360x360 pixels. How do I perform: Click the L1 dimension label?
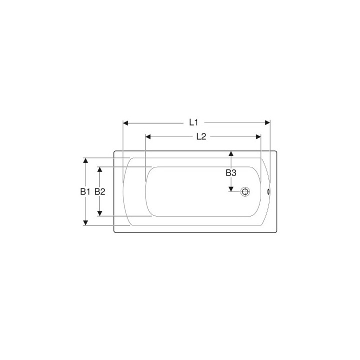coord(193,122)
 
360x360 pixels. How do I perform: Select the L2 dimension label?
coord(201,137)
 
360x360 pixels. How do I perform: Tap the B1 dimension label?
coord(85,191)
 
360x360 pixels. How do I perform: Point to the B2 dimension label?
coord(100,191)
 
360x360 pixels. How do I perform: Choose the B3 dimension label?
coord(231,172)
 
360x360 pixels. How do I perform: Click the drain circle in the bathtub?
coord(245,191)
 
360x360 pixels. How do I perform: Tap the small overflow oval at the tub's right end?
coord(268,191)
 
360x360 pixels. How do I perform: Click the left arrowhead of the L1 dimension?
coord(125,123)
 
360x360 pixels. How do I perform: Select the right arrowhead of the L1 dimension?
coord(267,122)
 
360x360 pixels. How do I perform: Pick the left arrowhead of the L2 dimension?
coord(148,137)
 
